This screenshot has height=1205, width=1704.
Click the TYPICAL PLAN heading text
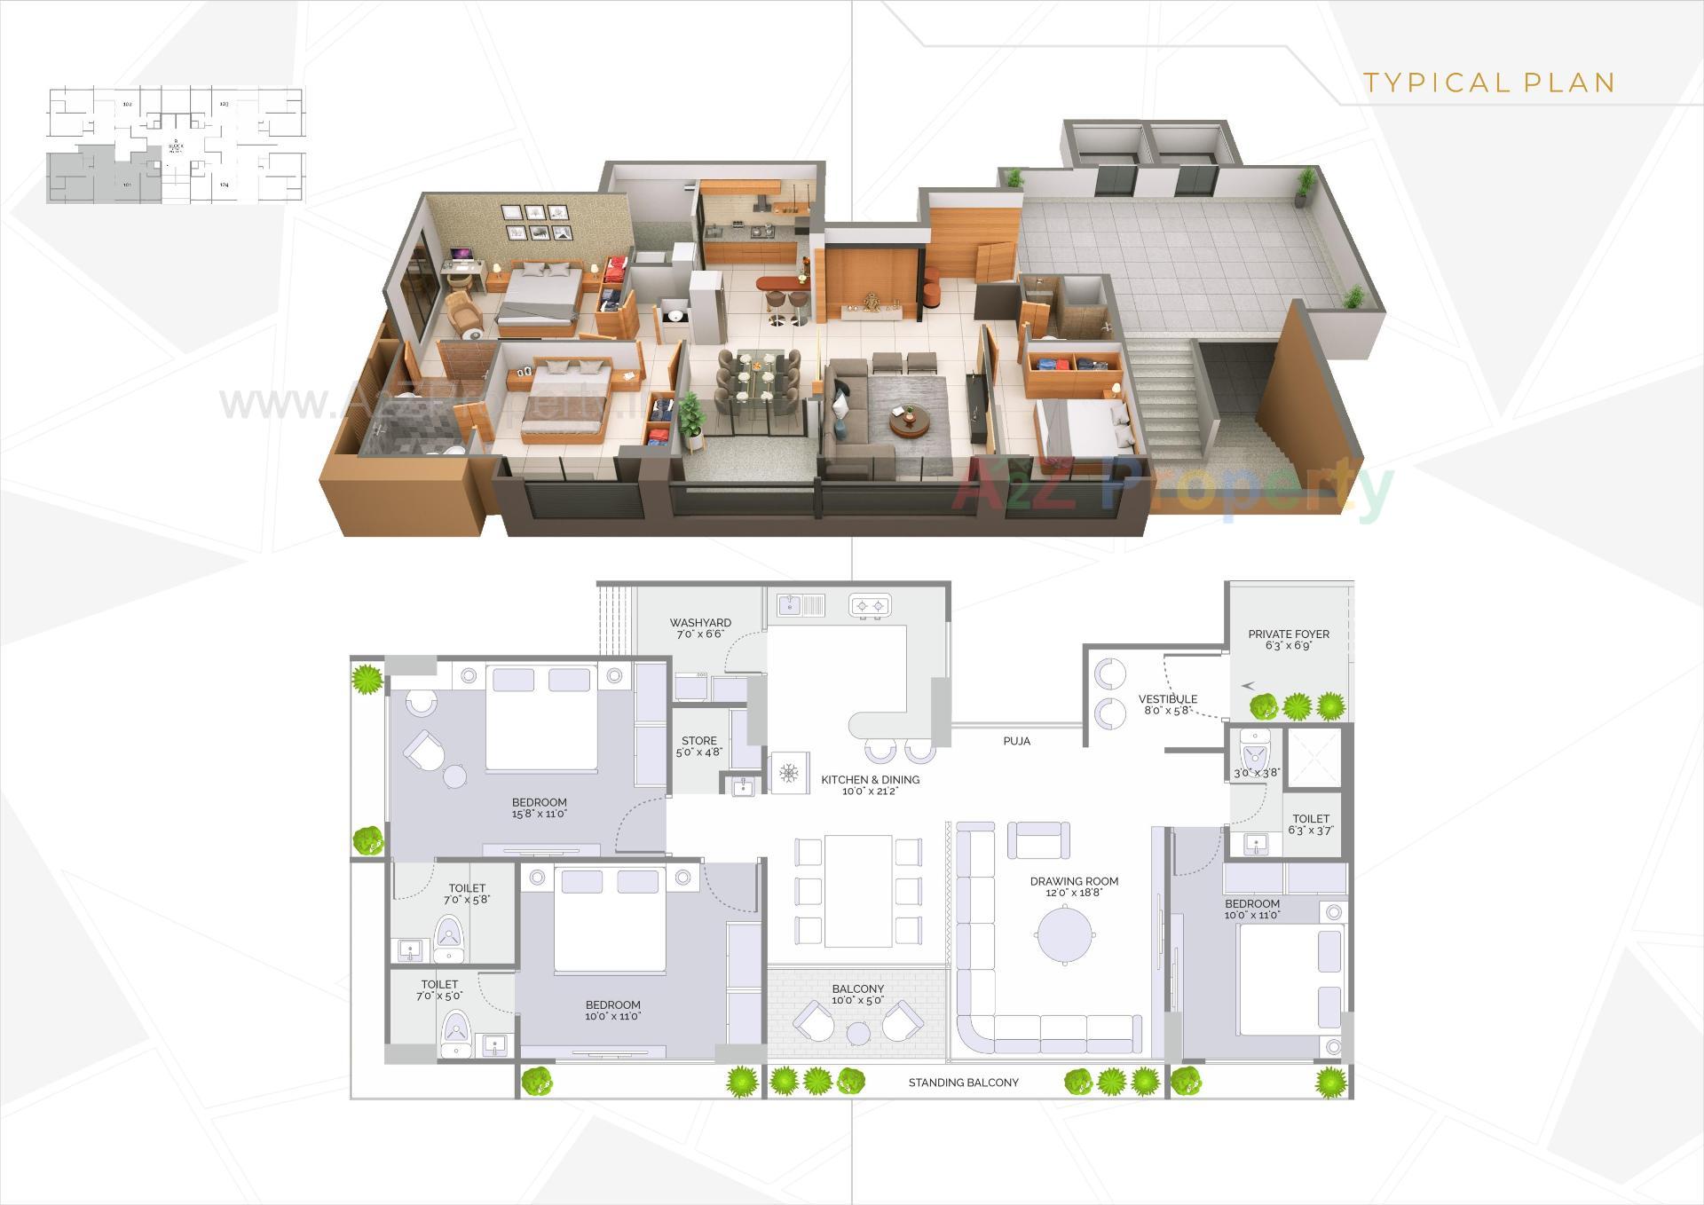pyautogui.click(x=1488, y=83)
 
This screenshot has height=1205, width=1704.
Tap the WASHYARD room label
pyautogui.click(x=700, y=623)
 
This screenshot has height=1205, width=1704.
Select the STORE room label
pyautogui.click(x=699, y=741)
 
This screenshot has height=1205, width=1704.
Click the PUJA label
pyautogui.click(x=1016, y=741)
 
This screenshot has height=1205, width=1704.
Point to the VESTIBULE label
pyautogui.click(x=1168, y=699)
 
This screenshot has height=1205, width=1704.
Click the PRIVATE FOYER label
pyautogui.click(x=1289, y=634)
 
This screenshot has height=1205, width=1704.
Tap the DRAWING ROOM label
pyautogui.click(x=1074, y=881)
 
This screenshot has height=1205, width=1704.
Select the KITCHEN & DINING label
pyautogui.click(x=870, y=780)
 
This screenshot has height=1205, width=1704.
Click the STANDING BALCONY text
pyautogui.click(x=963, y=1083)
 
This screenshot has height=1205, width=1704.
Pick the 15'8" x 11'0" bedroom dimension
pyautogui.click(x=539, y=814)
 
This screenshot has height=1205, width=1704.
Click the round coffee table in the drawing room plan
pyautogui.click(x=1065, y=934)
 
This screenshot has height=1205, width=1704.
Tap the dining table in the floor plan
pyautogui.click(x=858, y=890)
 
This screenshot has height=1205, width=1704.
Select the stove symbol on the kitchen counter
pyautogui.click(x=870, y=606)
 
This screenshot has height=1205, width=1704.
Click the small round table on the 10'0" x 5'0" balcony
pyautogui.click(x=858, y=1034)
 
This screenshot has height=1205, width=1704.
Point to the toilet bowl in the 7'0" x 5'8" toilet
pyautogui.click(x=449, y=934)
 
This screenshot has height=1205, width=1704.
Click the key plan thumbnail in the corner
pyautogui.click(x=175, y=145)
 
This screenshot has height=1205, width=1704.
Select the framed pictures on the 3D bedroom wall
pyautogui.click(x=535, y=223)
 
